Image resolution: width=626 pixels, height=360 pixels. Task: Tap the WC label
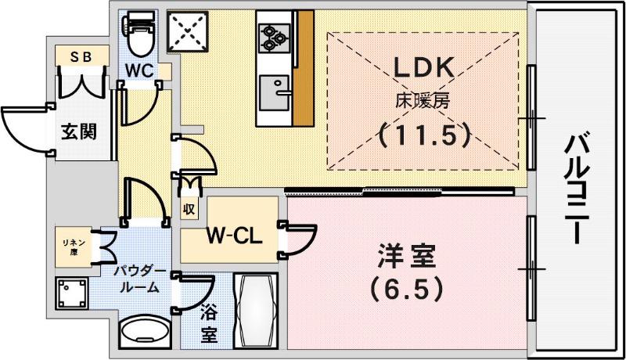139,70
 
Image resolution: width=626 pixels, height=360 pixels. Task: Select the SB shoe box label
81,57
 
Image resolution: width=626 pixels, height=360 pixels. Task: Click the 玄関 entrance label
79,131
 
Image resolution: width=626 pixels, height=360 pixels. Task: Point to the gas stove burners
275,38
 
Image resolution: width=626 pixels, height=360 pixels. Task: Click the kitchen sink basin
275,92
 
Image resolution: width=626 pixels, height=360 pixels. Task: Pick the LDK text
424,67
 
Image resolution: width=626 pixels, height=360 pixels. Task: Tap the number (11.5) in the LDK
423,135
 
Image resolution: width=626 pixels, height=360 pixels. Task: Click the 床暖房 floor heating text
423,101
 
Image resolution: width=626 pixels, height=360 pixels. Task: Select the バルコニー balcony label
577,189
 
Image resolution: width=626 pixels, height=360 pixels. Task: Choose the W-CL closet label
234,236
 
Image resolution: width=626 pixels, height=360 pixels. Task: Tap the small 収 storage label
189,209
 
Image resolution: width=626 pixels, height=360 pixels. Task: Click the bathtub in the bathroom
256,311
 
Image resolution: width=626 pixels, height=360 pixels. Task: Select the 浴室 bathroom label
209,323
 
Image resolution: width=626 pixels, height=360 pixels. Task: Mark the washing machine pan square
72,293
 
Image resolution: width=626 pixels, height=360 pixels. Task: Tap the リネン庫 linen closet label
74,247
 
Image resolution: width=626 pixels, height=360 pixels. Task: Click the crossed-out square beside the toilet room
188,31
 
